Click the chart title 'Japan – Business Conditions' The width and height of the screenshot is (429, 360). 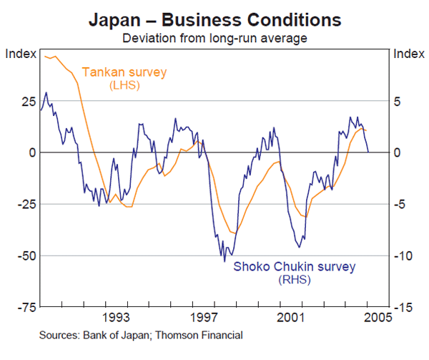coord(214,19)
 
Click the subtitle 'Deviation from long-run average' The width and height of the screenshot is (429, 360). coord(214,37)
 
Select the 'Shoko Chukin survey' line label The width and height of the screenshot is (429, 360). coord(294,267)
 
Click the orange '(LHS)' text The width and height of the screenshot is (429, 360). coord(124,85)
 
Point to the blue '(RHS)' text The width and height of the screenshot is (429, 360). coord(294,280)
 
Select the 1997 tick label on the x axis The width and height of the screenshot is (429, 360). coord(204,316)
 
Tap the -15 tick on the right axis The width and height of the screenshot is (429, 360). coord(404,307)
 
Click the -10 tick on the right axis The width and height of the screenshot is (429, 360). coord(404,256)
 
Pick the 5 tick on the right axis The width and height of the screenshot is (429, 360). coord(400,102)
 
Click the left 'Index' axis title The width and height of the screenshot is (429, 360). coord(20,54)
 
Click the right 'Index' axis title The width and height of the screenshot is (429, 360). coord(408,54)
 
